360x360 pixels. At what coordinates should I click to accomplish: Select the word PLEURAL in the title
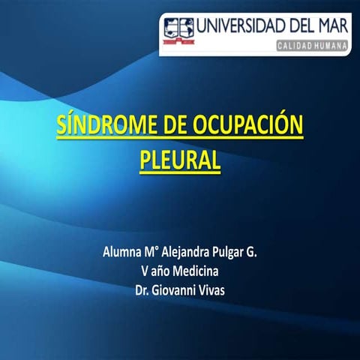click(180, 159)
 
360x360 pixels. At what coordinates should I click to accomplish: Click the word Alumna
click(121, 253)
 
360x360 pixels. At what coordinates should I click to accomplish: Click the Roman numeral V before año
click(144, 271)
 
